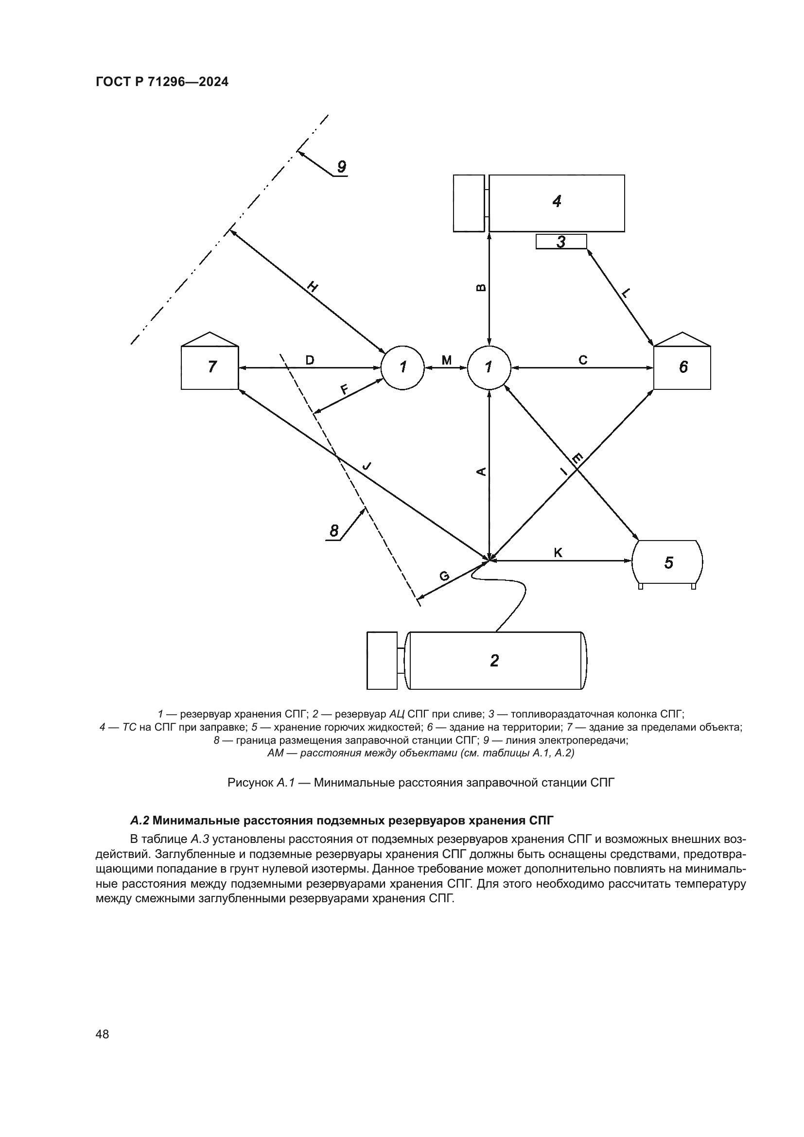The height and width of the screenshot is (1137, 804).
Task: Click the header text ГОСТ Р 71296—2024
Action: (162, 82)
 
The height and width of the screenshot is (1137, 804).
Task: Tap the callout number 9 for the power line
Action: (341, 167)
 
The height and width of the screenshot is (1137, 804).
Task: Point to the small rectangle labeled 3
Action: (561, 242)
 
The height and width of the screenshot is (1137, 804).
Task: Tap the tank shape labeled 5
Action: (668, 562)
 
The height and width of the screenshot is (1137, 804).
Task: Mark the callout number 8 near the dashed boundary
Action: (334, 531)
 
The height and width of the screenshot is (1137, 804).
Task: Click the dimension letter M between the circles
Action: (446, 360)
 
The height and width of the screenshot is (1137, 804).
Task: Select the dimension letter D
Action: (310, 360)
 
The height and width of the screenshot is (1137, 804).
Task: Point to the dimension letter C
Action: (583, 360)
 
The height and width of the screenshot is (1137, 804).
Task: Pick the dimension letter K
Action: (558, 553)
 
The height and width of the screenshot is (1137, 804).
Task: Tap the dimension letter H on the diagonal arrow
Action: (313, 286)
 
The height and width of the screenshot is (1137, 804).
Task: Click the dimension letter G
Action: (444, 576)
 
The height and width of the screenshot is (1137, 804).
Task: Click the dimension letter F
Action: (344, 389)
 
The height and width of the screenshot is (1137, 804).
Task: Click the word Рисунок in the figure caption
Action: (249, 783)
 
